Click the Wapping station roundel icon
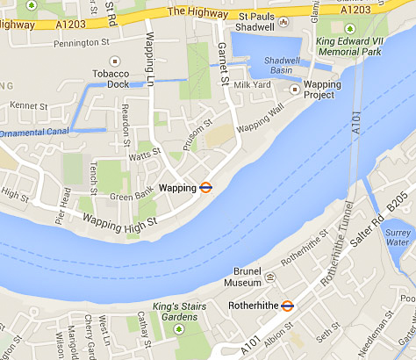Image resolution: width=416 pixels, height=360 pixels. pos(205,187)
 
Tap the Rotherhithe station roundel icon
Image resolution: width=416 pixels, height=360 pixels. pos(287,306)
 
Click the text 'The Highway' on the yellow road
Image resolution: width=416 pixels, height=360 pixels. pos(192,11)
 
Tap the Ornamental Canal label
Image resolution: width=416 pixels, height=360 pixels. pos(32,133)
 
